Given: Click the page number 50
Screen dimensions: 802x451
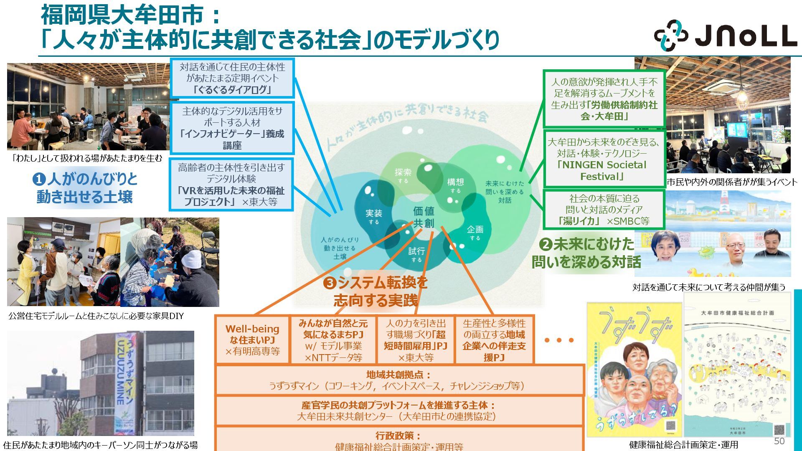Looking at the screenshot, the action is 779,441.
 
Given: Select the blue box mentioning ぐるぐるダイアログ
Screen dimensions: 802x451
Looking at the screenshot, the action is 232,79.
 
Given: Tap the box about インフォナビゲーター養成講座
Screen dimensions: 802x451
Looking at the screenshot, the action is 232,128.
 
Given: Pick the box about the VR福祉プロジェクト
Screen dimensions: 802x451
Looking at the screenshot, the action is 231,185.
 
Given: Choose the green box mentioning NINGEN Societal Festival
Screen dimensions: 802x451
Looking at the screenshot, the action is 604,159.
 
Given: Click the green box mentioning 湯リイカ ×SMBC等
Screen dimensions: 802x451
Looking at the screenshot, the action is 604,210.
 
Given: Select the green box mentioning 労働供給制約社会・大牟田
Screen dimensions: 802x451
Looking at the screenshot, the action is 604,99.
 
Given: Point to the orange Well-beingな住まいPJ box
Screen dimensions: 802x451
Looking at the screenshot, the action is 252,340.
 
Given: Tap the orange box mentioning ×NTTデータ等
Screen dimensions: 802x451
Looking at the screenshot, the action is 333,340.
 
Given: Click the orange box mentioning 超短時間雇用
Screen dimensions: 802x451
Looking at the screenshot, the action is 415,340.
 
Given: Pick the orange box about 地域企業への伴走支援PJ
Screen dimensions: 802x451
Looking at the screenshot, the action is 494,340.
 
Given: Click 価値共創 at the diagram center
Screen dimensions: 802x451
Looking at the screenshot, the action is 424,217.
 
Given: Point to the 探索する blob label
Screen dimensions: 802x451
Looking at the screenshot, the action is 403,175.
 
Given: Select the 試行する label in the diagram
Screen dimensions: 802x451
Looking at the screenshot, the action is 416,254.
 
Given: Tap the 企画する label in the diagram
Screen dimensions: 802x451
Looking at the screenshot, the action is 475,232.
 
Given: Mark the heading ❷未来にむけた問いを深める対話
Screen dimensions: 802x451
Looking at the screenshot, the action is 586,253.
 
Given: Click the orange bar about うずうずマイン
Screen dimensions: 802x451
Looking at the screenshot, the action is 399,380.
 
